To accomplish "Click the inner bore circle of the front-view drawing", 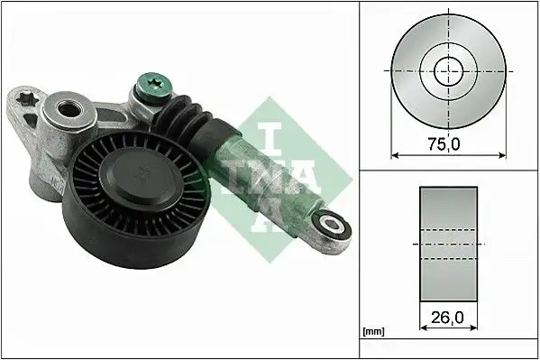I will (x=448, y=70).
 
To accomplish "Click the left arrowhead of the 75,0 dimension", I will (x=394, y=154).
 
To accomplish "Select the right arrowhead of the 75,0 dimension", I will (x=502, y=154).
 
